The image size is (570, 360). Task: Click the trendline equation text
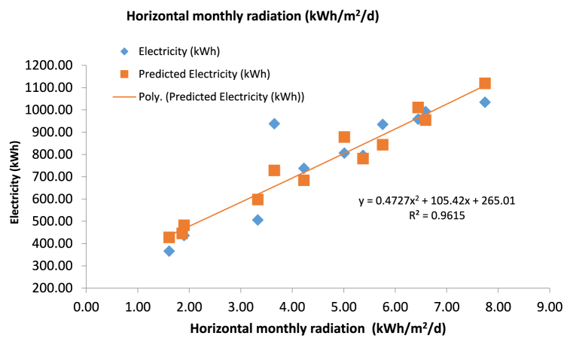437,201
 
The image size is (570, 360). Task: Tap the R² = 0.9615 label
437,215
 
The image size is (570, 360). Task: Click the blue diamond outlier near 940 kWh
274,124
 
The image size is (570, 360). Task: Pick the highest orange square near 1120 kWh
485,84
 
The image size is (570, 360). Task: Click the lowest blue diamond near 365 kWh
169,251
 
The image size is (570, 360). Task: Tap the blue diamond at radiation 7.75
485,102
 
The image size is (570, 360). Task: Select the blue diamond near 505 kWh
258,220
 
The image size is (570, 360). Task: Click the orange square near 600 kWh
258,200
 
